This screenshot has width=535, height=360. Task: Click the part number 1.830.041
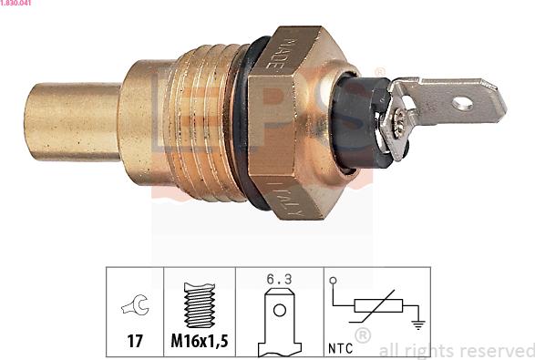19,5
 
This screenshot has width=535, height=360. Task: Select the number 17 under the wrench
134,342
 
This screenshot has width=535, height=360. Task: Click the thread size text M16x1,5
199,342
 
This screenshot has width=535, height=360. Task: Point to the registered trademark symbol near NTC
362,337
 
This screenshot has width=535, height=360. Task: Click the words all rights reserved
456,350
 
